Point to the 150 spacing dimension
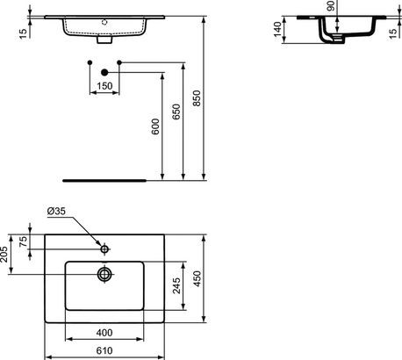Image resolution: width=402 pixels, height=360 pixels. pos(104,86)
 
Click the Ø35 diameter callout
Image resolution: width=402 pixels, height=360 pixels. pos(57,212)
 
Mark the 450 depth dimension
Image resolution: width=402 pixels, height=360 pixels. pos(199,278)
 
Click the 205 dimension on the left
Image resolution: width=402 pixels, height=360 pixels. pos(5,254)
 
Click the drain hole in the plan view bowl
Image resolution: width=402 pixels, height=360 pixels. pos(104,274)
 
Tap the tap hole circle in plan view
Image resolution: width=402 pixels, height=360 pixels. pos(104,250)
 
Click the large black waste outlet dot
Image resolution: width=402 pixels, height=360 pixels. pos(104,72)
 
